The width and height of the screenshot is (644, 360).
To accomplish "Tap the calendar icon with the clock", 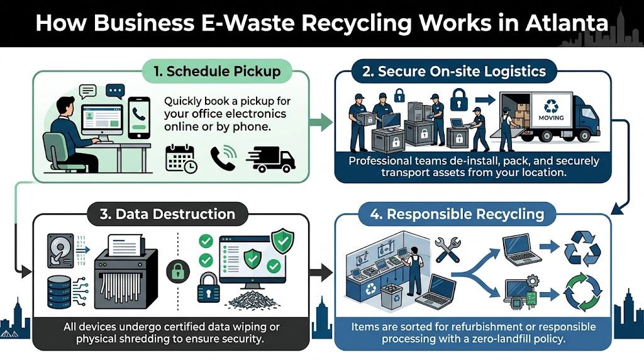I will coord(181,158).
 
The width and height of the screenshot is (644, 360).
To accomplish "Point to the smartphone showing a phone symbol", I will coord(138,117).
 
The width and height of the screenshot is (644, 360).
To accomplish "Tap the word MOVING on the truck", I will coord(551,118).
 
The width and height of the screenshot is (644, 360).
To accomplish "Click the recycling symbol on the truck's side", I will coord(551,104).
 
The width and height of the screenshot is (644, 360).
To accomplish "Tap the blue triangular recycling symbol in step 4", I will coord(583,247).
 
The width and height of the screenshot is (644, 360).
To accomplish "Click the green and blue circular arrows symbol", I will coord(583,291).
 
